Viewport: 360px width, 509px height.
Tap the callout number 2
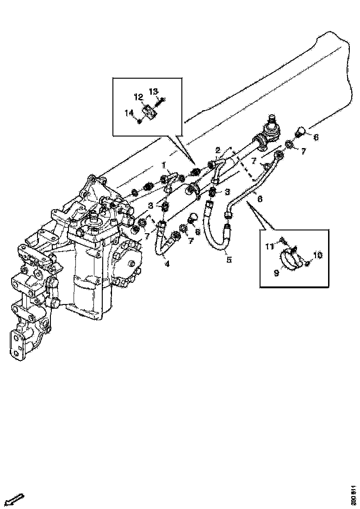[x=217, y=150]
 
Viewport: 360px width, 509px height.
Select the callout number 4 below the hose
[x=167, y=264]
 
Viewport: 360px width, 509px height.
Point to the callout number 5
[x=229, y=260]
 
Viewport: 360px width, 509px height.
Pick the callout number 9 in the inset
[x=277, y=273]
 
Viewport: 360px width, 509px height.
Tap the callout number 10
[x=317, y=255]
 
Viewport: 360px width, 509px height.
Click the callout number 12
[x=138, y=97]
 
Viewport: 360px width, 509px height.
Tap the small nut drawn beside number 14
[x=139, y=122]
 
